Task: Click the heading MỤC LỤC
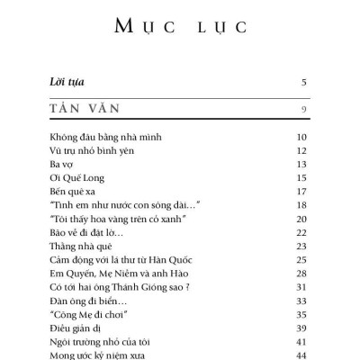click(x=180, y=26)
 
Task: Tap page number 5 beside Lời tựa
click(x=304, y=82)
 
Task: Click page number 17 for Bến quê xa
click(x=302, y=192)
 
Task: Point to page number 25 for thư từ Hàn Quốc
click(x=302, y=260)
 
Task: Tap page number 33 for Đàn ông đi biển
click(x=302, y=301)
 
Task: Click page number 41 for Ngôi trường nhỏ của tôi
click(x=302, y=342)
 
